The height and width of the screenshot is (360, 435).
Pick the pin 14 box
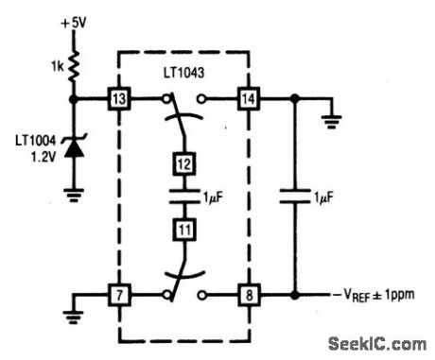[248, 97]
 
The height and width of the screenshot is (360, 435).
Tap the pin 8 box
[248, 294]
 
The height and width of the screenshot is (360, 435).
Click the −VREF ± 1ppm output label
[371, 294]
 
